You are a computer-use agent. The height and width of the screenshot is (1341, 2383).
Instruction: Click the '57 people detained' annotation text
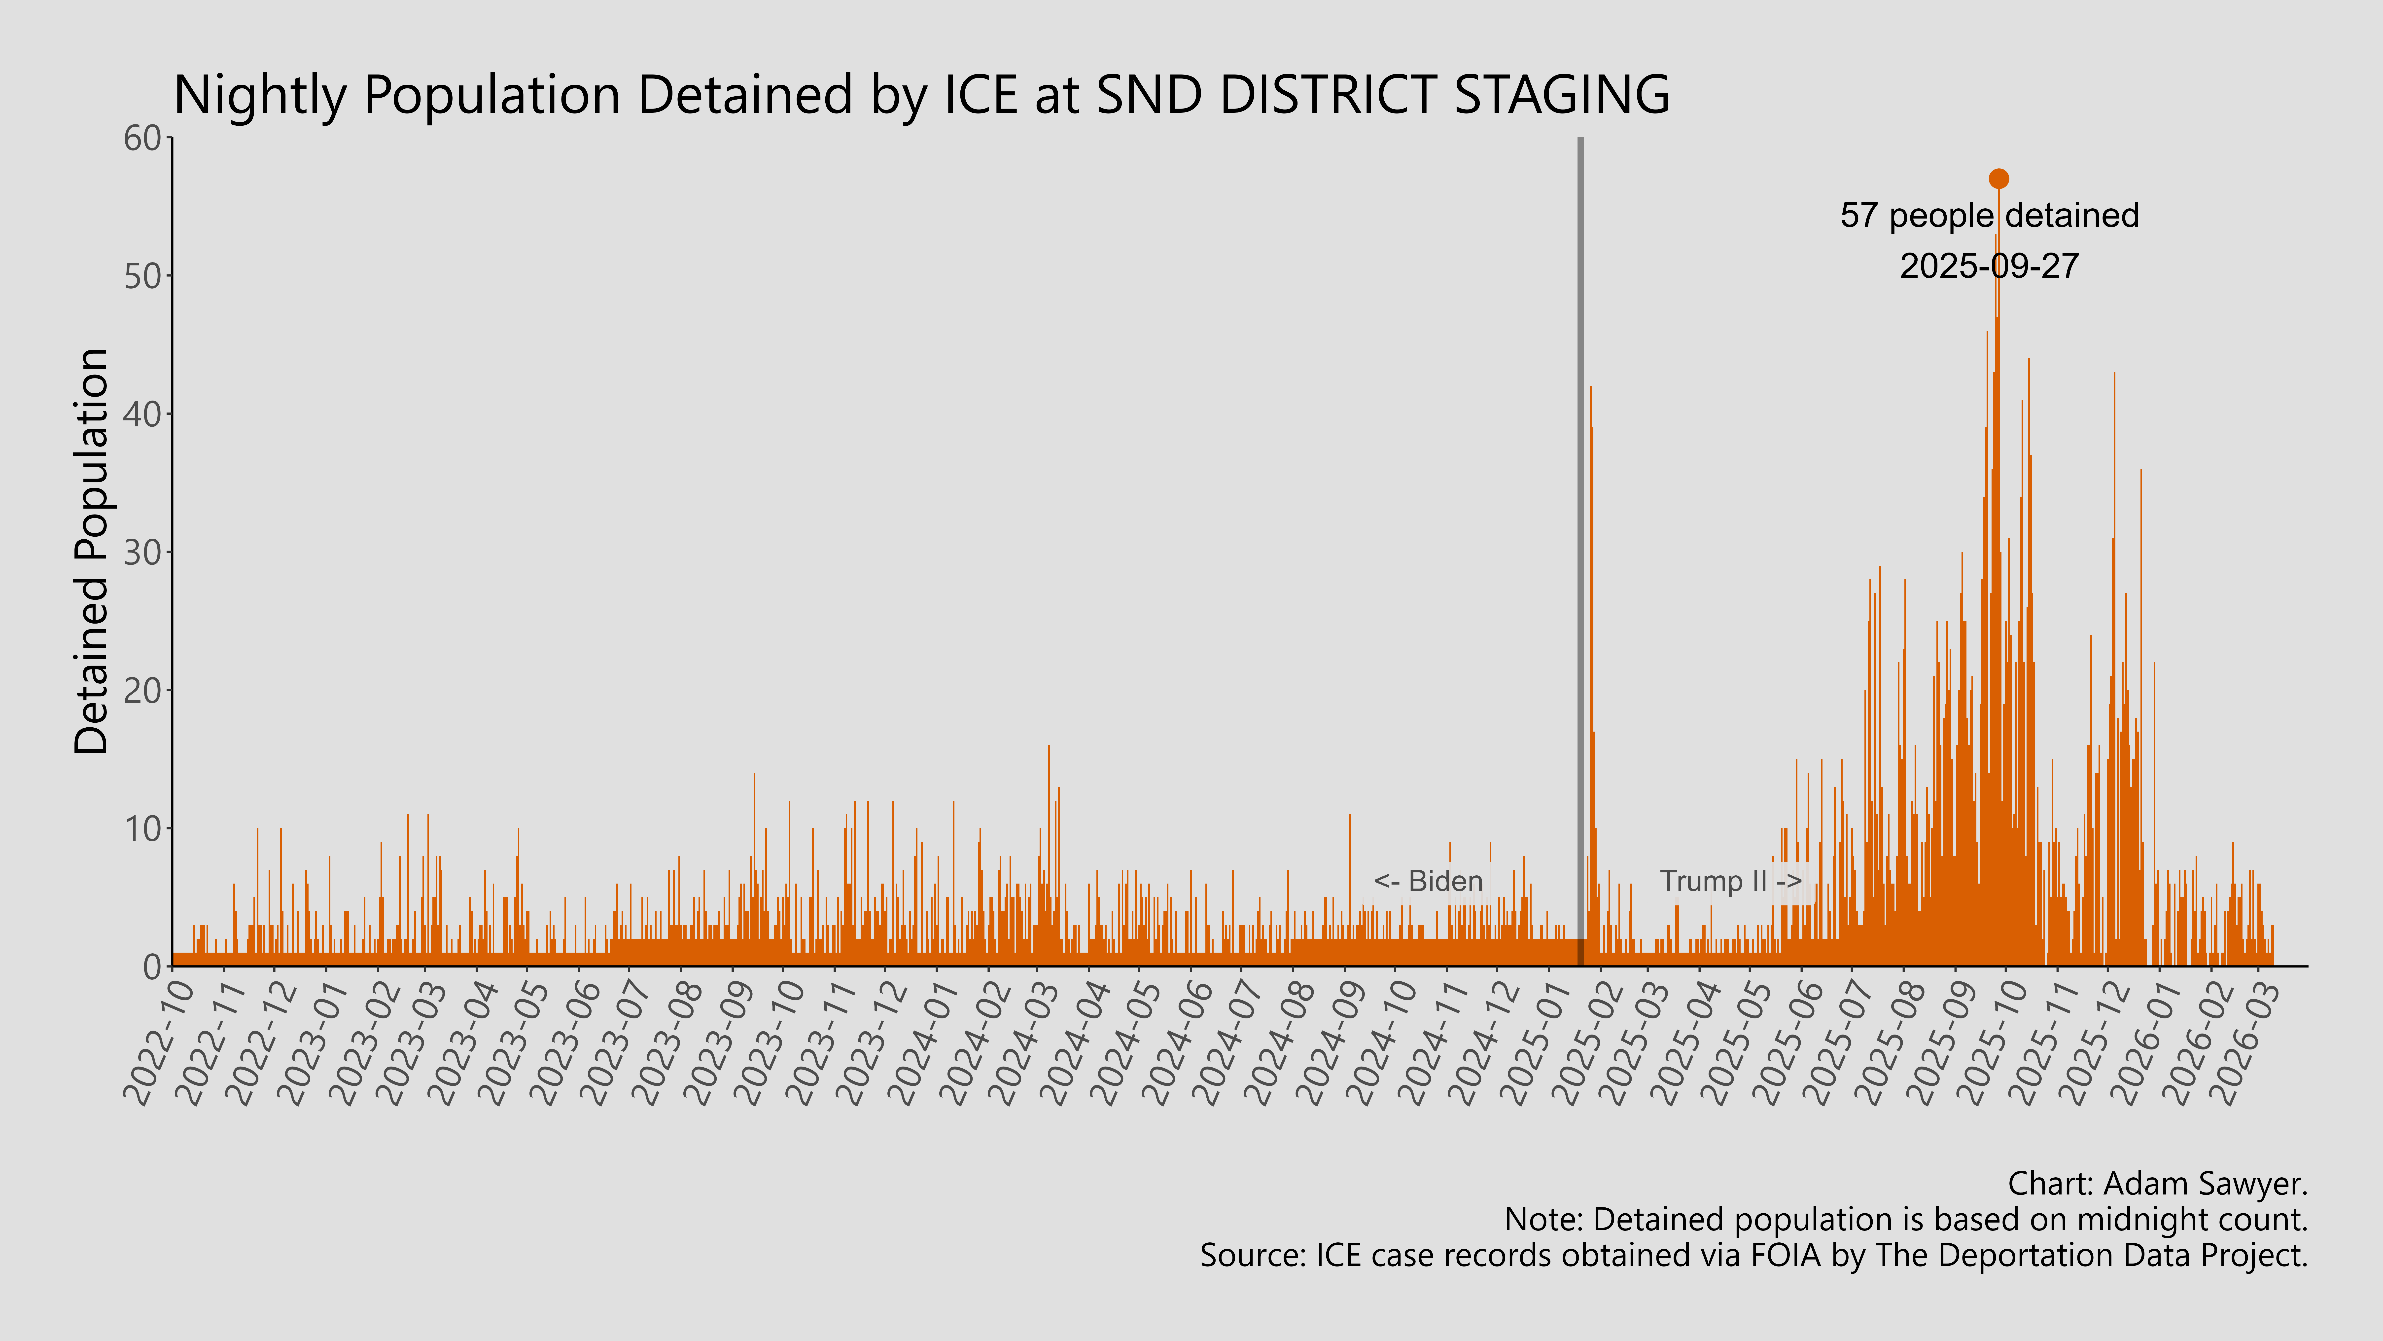[1989, 216]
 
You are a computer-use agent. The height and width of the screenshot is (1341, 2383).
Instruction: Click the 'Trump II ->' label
[1730, 881]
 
